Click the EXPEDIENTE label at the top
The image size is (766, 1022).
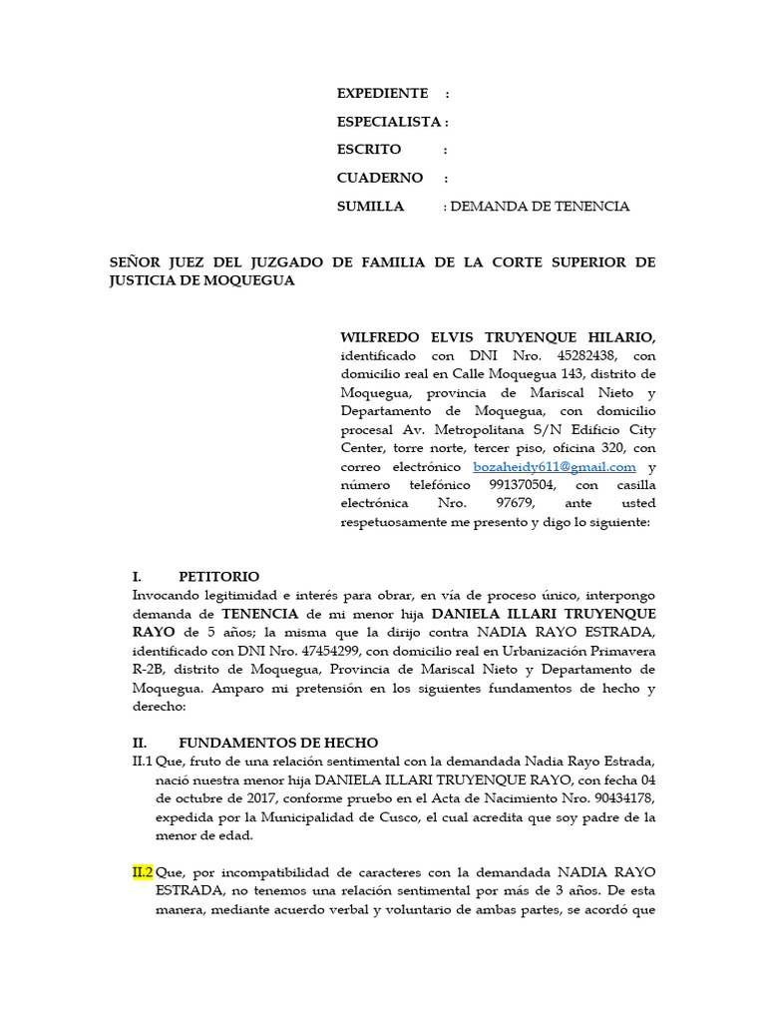coord(382,93)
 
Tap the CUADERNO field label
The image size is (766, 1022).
coord(379,178)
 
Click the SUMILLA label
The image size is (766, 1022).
coord(370,207)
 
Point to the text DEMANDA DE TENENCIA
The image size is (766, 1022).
coord(541,207)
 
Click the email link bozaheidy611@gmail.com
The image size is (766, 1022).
coord(555,466)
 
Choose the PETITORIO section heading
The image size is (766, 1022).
coord(218,577)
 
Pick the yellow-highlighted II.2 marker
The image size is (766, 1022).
coord(143,872)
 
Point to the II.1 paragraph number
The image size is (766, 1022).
coord(143,762)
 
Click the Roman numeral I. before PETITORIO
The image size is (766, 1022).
coord(138,577)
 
